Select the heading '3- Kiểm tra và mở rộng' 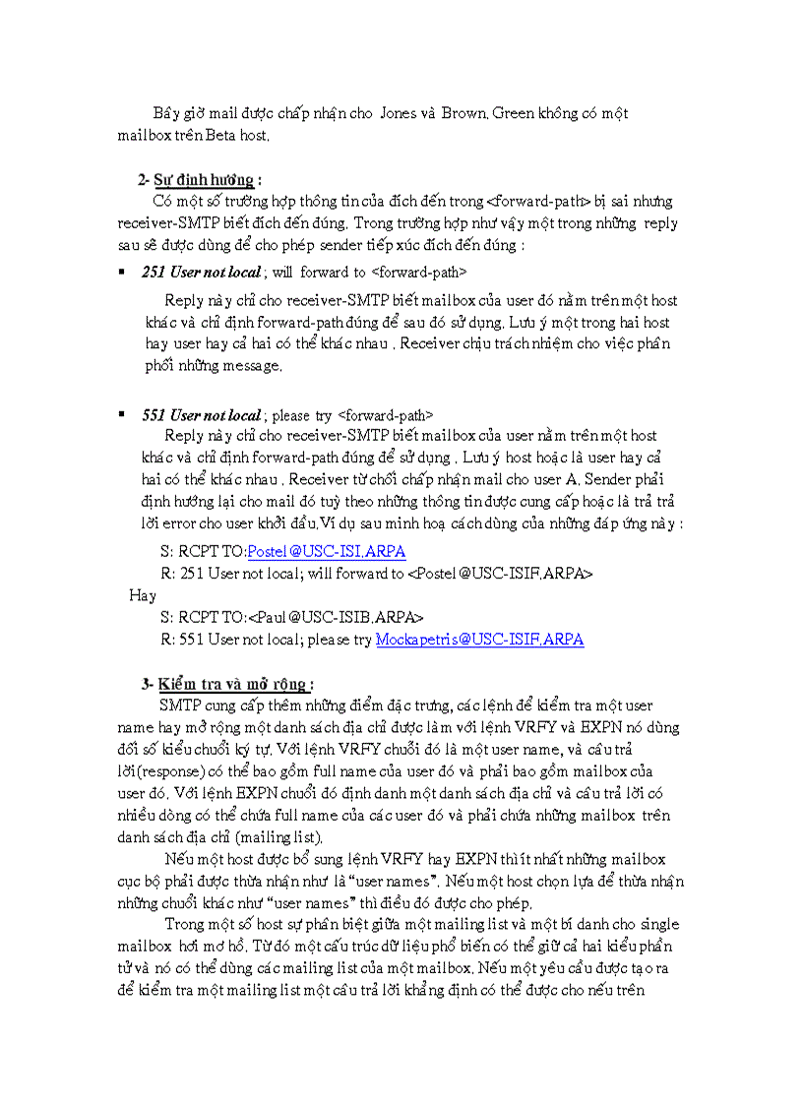coord(226,684)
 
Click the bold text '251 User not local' coord(202,271)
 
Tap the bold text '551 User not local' coord(202,415)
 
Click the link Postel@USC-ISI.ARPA coord(326,551)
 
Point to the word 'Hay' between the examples coord(143,595)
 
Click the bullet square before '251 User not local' coord(121,271)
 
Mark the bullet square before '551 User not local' coord(121,415)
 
